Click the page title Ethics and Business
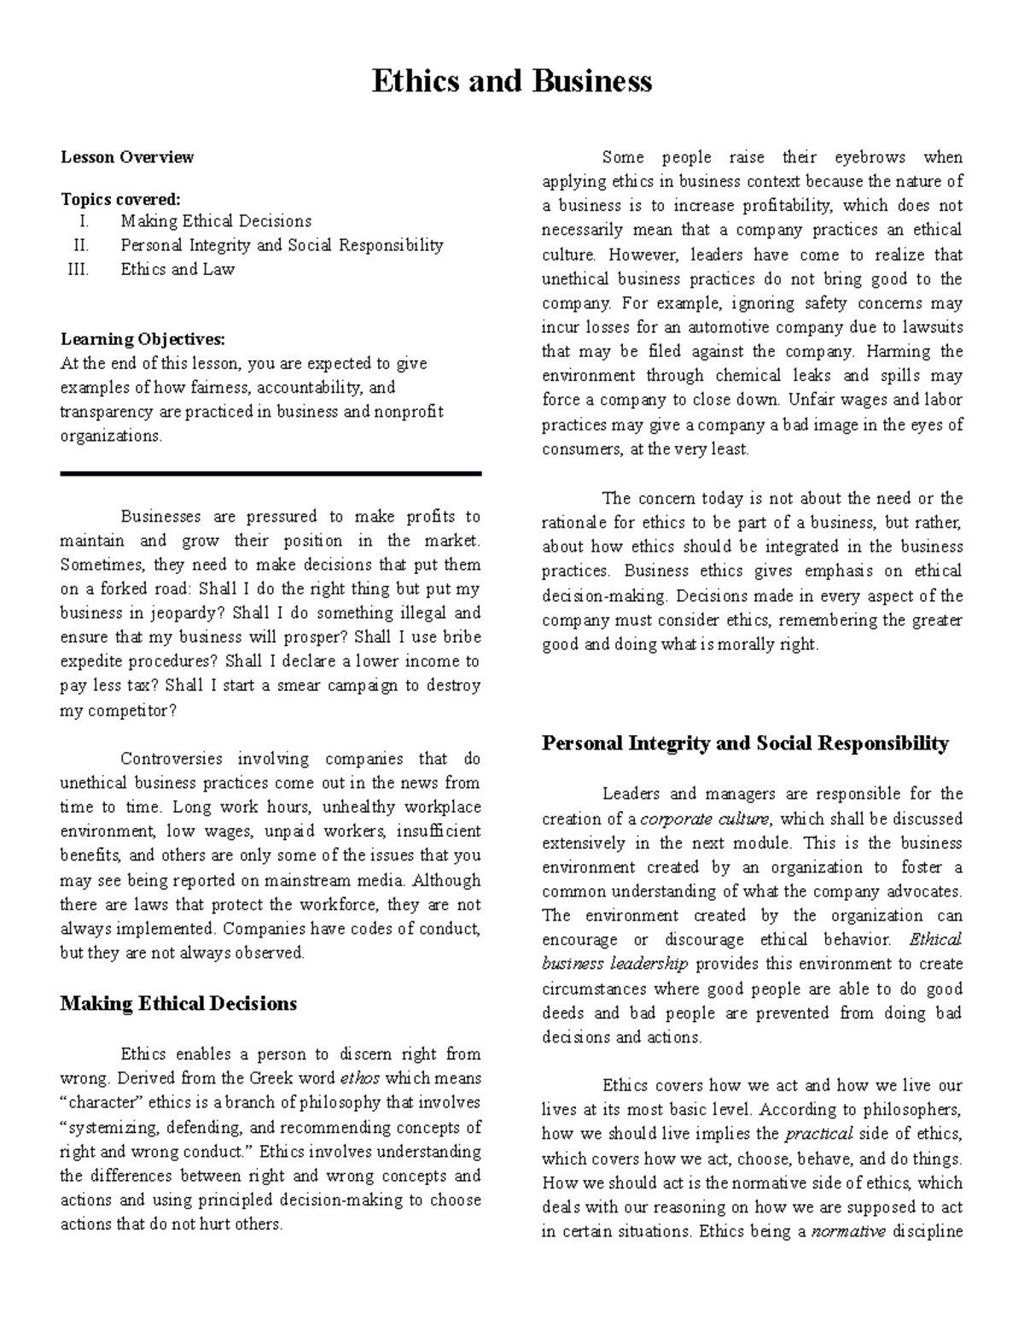tap(512, 81)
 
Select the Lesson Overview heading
tap(126, 157)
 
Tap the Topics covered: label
tap(120, 199)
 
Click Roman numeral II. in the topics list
tap(81, 245)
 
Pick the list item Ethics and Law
tap(177, 269)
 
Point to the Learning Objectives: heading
tap(143, 339)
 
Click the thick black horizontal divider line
tap(271, 473)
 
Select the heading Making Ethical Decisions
tap(178, 1003)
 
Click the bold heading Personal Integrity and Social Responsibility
tap(745, 743)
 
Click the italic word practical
tap(818, 1134)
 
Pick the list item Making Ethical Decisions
tap(216, 221)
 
